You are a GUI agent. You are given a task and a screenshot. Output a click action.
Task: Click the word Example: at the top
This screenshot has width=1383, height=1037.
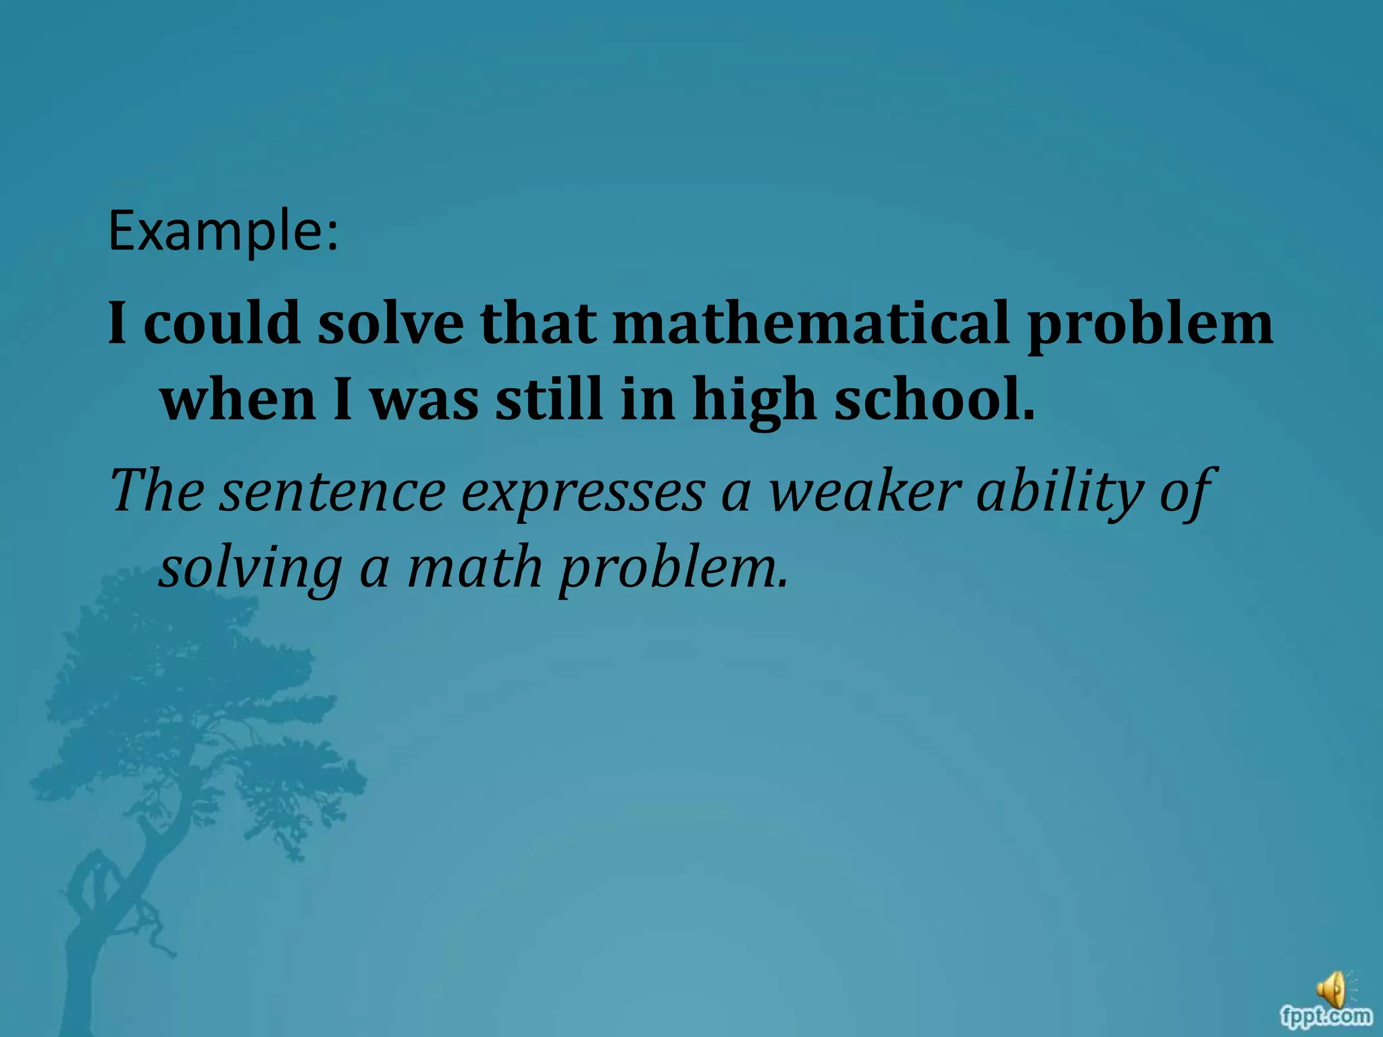[x=223, y=232]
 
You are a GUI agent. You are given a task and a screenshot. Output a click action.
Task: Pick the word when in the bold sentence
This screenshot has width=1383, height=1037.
[x=238, y=400]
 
